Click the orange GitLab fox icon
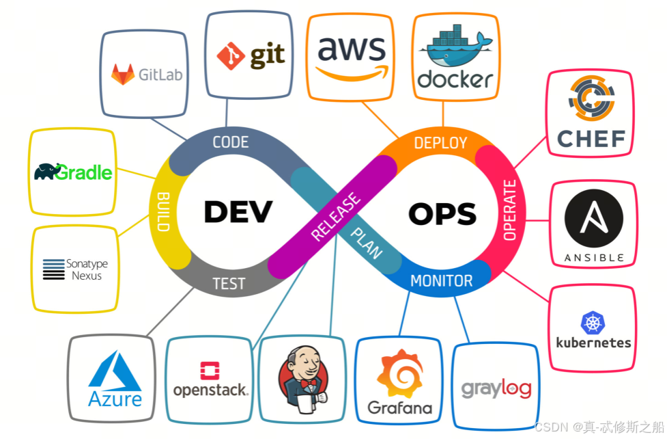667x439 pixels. point(124,74)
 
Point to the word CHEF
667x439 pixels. point(591,139)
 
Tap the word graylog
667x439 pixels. point(496,389)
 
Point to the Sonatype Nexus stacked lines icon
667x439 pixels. point(53,269)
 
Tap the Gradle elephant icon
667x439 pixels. point(47,171)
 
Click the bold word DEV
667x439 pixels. point(238,212)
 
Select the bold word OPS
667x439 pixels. point(442,214)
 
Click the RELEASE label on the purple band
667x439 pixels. point(335,217)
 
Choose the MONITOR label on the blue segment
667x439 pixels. point(441,280)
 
